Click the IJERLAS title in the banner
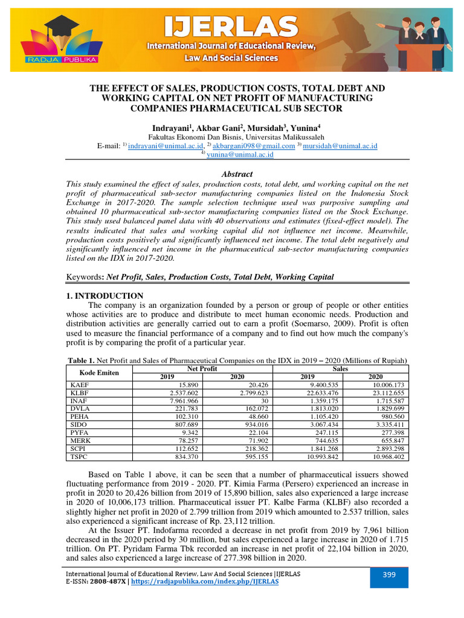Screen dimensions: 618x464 coord(232,27)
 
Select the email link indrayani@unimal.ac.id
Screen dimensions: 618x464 coord(163,145)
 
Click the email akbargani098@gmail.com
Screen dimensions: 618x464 coord(254,145)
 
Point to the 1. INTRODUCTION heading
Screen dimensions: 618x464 coord(104,296)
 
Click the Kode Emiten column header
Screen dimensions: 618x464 coord(100,372)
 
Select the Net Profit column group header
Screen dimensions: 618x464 coord(202,368)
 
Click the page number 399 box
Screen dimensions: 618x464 coord(388,575)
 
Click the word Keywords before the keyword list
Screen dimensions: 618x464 coord(84,276)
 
